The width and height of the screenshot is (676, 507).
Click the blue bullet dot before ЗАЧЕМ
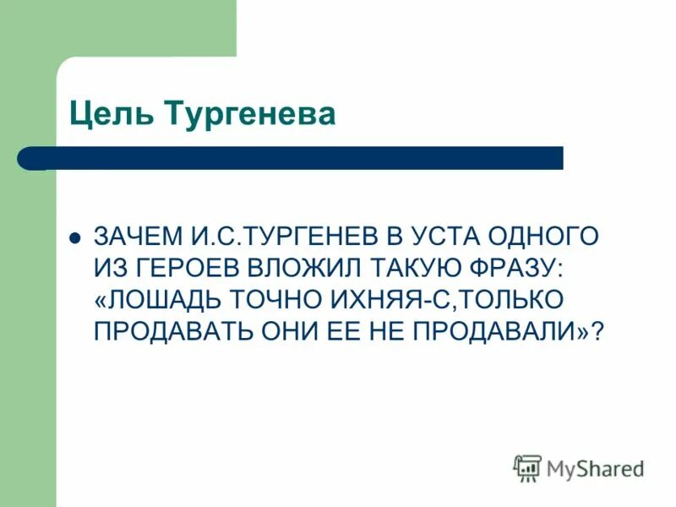(x=74, y=237)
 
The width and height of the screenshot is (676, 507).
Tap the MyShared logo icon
(x=527, y=467)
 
